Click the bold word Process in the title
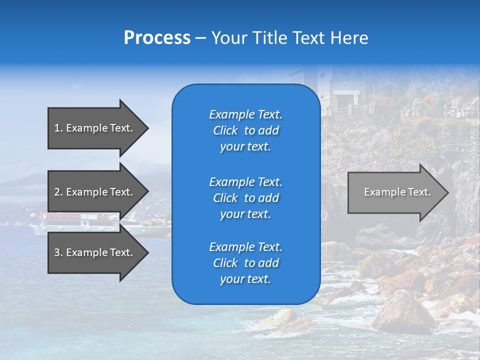tap(157, 38)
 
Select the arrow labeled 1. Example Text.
tap(95, 128)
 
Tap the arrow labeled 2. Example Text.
tap(95, 192)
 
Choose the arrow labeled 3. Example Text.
tap(95, 252)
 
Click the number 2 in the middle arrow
tap(57, 192)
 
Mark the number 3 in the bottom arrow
tap(57, 252)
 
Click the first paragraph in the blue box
tap(245, 130)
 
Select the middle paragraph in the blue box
tap(245, 198)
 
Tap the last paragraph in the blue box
tap(245, 263)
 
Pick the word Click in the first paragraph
tap(225, 131)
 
